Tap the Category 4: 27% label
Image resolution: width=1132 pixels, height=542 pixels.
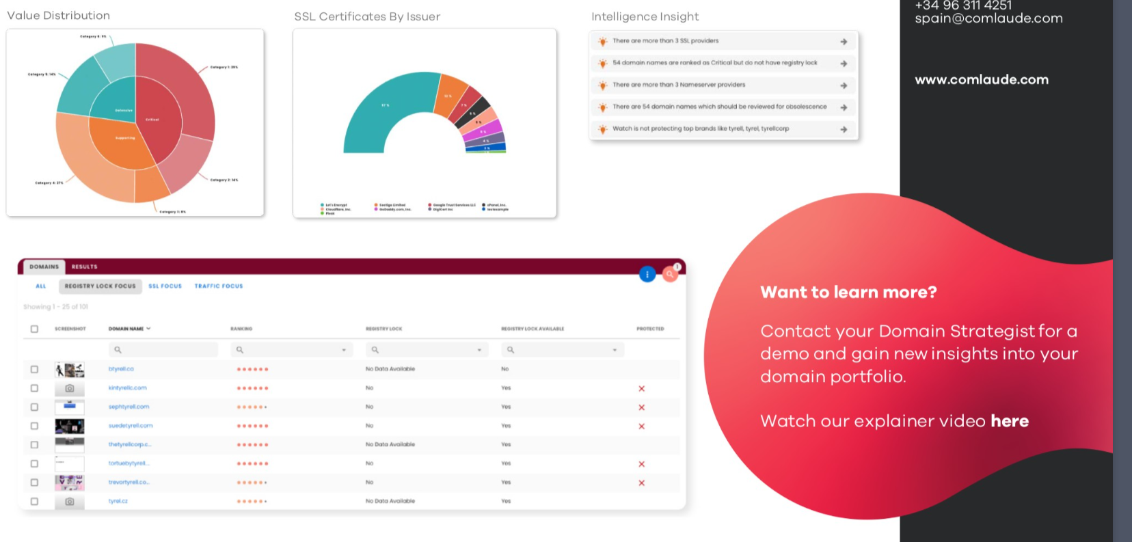click(x=49, y=183)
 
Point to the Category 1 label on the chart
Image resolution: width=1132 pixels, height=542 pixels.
click(x=224, y=68)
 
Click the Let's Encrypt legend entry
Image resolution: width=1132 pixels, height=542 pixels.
click(x=334, y=204)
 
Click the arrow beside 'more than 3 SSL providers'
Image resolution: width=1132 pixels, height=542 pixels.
click(x=844, y=42)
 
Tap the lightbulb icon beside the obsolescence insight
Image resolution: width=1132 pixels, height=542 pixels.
click(x=602, y=107)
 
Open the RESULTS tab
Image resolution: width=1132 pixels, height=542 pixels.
click(x=84, y=267)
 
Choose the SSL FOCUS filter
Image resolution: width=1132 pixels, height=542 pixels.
click(x=165, y=286)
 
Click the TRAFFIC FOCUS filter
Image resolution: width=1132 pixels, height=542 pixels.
click(x=218, y=286)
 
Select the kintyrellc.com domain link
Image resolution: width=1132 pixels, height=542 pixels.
click(x=127, y=388)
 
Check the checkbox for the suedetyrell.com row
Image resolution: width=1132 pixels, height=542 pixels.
click(x=34, y=426)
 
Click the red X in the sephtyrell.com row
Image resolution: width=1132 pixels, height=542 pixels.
click(x=641, y=407)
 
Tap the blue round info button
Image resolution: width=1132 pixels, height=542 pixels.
click(x=647, y=274)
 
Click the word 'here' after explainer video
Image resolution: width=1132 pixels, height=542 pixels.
click(x=1009, y=421)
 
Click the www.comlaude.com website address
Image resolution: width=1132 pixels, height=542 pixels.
click(x=981, y=80)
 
